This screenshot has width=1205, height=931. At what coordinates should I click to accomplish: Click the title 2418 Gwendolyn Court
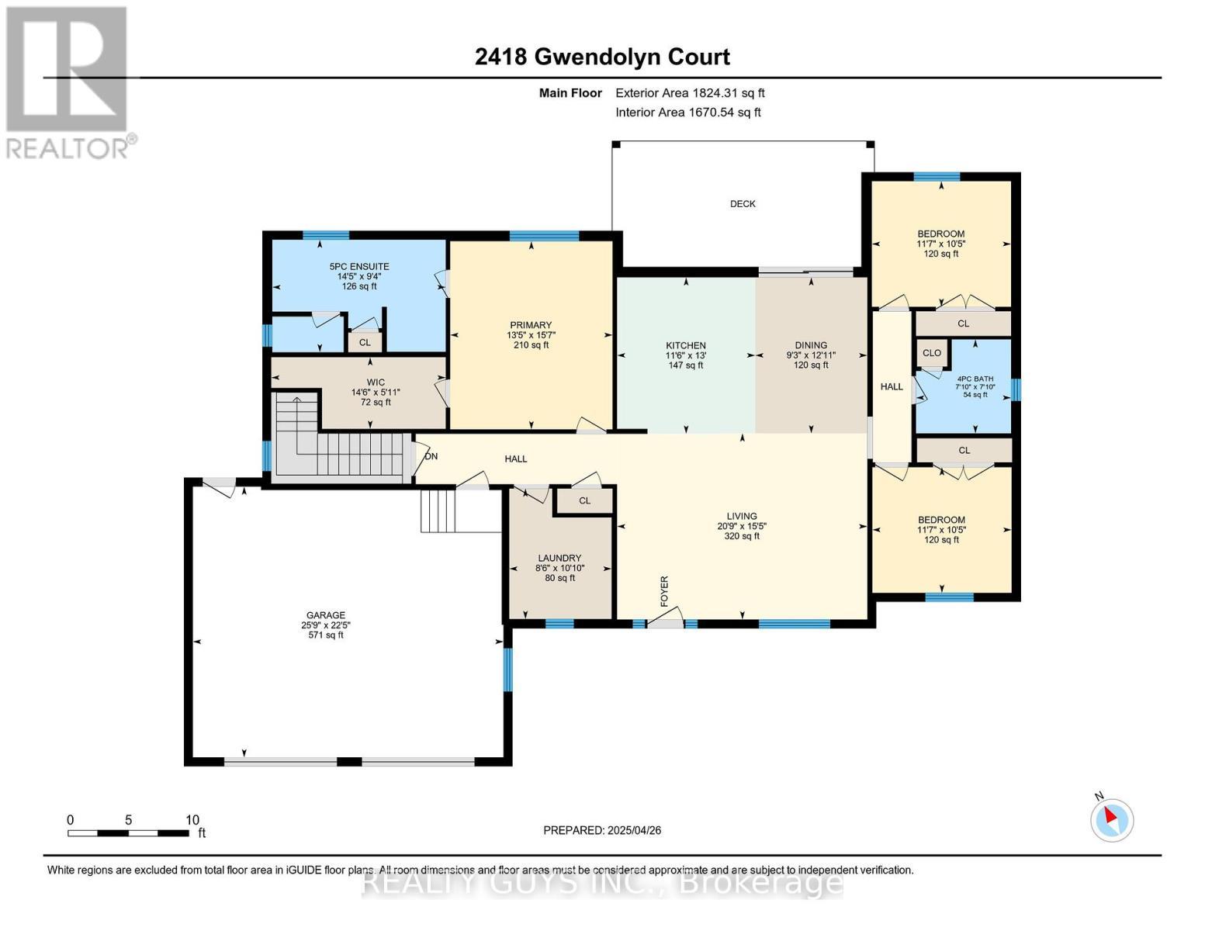[602, 57]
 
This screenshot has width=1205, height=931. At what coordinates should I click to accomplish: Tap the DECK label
[743, 204]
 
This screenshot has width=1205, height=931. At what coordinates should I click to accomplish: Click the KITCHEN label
[686, 345]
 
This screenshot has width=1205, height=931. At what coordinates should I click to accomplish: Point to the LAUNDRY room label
[559, 558]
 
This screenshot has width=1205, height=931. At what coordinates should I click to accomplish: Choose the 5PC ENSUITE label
[358, 266]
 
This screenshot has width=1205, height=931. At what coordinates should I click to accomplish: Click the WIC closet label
[376, 382]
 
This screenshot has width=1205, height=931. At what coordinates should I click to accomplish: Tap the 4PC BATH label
[975, 379]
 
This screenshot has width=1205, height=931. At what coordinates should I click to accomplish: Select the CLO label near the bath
[932, 353]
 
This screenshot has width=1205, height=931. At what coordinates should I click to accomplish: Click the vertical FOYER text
[664, 591]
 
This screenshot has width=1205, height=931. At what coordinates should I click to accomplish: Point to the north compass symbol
[1112, 819]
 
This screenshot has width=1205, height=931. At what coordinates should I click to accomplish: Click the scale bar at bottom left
[128, 833]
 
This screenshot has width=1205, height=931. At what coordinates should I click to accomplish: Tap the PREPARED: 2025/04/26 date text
[602, 830]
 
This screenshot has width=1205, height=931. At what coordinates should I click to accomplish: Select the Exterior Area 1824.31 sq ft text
[690, 93]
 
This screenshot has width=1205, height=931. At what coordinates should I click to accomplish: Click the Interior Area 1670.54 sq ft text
[688, 112]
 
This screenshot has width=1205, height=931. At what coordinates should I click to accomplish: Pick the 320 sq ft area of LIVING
[742, 536]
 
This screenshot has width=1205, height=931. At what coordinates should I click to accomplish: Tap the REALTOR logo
[69, 81]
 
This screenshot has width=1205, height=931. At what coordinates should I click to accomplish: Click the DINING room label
[811, 345]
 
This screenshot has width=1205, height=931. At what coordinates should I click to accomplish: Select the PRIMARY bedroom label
[531, 325]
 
